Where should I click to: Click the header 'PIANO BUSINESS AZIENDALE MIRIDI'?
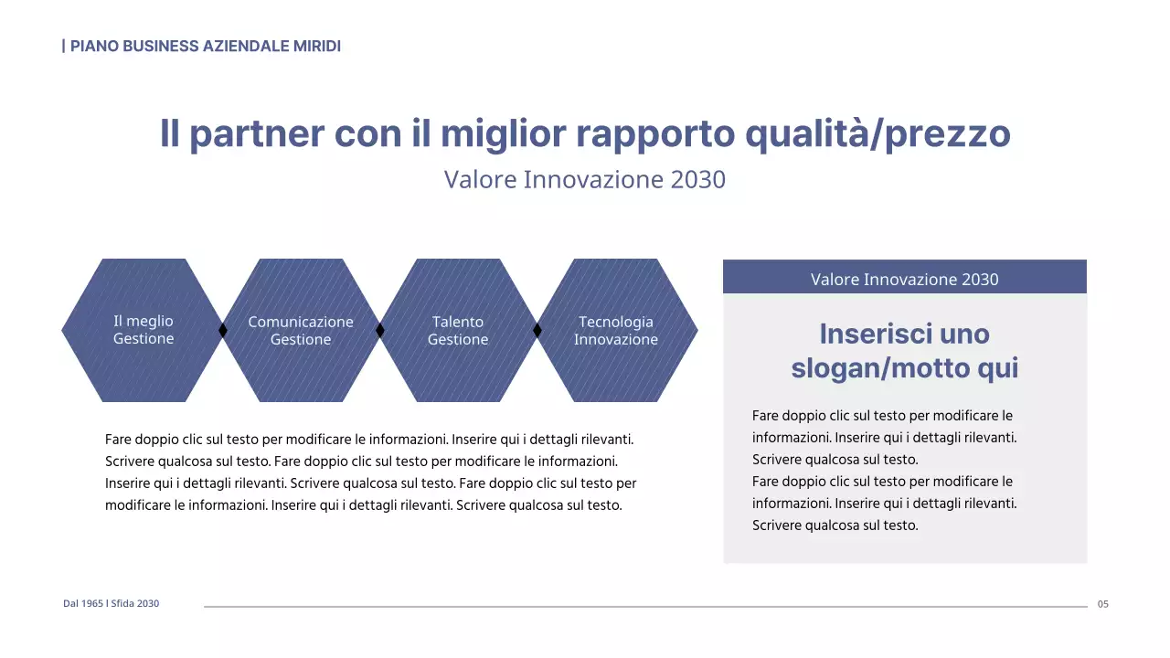point(202,46)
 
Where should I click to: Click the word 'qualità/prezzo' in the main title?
point(877,133)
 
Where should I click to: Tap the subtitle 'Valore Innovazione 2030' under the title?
point(584,179)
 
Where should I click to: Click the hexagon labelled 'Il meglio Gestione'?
point(143,366)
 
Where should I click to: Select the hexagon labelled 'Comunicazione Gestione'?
point(301,370)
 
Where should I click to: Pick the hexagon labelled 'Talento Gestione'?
point(458,370)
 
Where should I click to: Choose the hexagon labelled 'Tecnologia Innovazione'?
point(615,370)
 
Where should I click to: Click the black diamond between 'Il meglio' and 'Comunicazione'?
point(222,330)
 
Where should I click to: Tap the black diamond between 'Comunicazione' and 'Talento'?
point(379,330)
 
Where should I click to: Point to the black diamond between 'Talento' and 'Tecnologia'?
point(537,330)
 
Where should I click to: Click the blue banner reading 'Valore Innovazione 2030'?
point(904,279)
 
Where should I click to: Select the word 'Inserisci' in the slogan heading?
point(863,334)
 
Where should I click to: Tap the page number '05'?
point(1102,604)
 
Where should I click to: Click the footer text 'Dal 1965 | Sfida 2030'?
point(111,603)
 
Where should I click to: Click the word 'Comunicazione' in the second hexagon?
point(301,322)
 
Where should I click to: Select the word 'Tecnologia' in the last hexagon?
point(615,322)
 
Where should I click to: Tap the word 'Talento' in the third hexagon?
point(458,322)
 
